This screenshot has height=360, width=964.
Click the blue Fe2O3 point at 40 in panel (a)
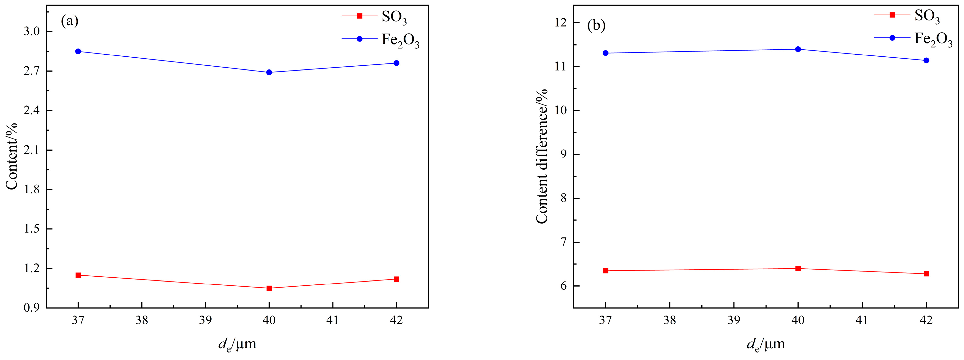[269, 72]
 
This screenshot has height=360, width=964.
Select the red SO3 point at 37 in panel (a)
[78, 275]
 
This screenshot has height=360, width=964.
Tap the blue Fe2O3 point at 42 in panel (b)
[926, 60]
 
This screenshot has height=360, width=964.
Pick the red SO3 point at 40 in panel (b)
[798, 268]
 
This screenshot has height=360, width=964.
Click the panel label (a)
[70, 21]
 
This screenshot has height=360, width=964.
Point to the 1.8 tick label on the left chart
[32, 189]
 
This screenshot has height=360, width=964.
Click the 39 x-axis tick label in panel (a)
[205, 320]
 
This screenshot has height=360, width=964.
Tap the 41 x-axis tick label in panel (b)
[862, 320]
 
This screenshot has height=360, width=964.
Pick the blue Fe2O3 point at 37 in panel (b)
[606, 53]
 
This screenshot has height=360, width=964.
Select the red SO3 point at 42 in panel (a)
[396, 279]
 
